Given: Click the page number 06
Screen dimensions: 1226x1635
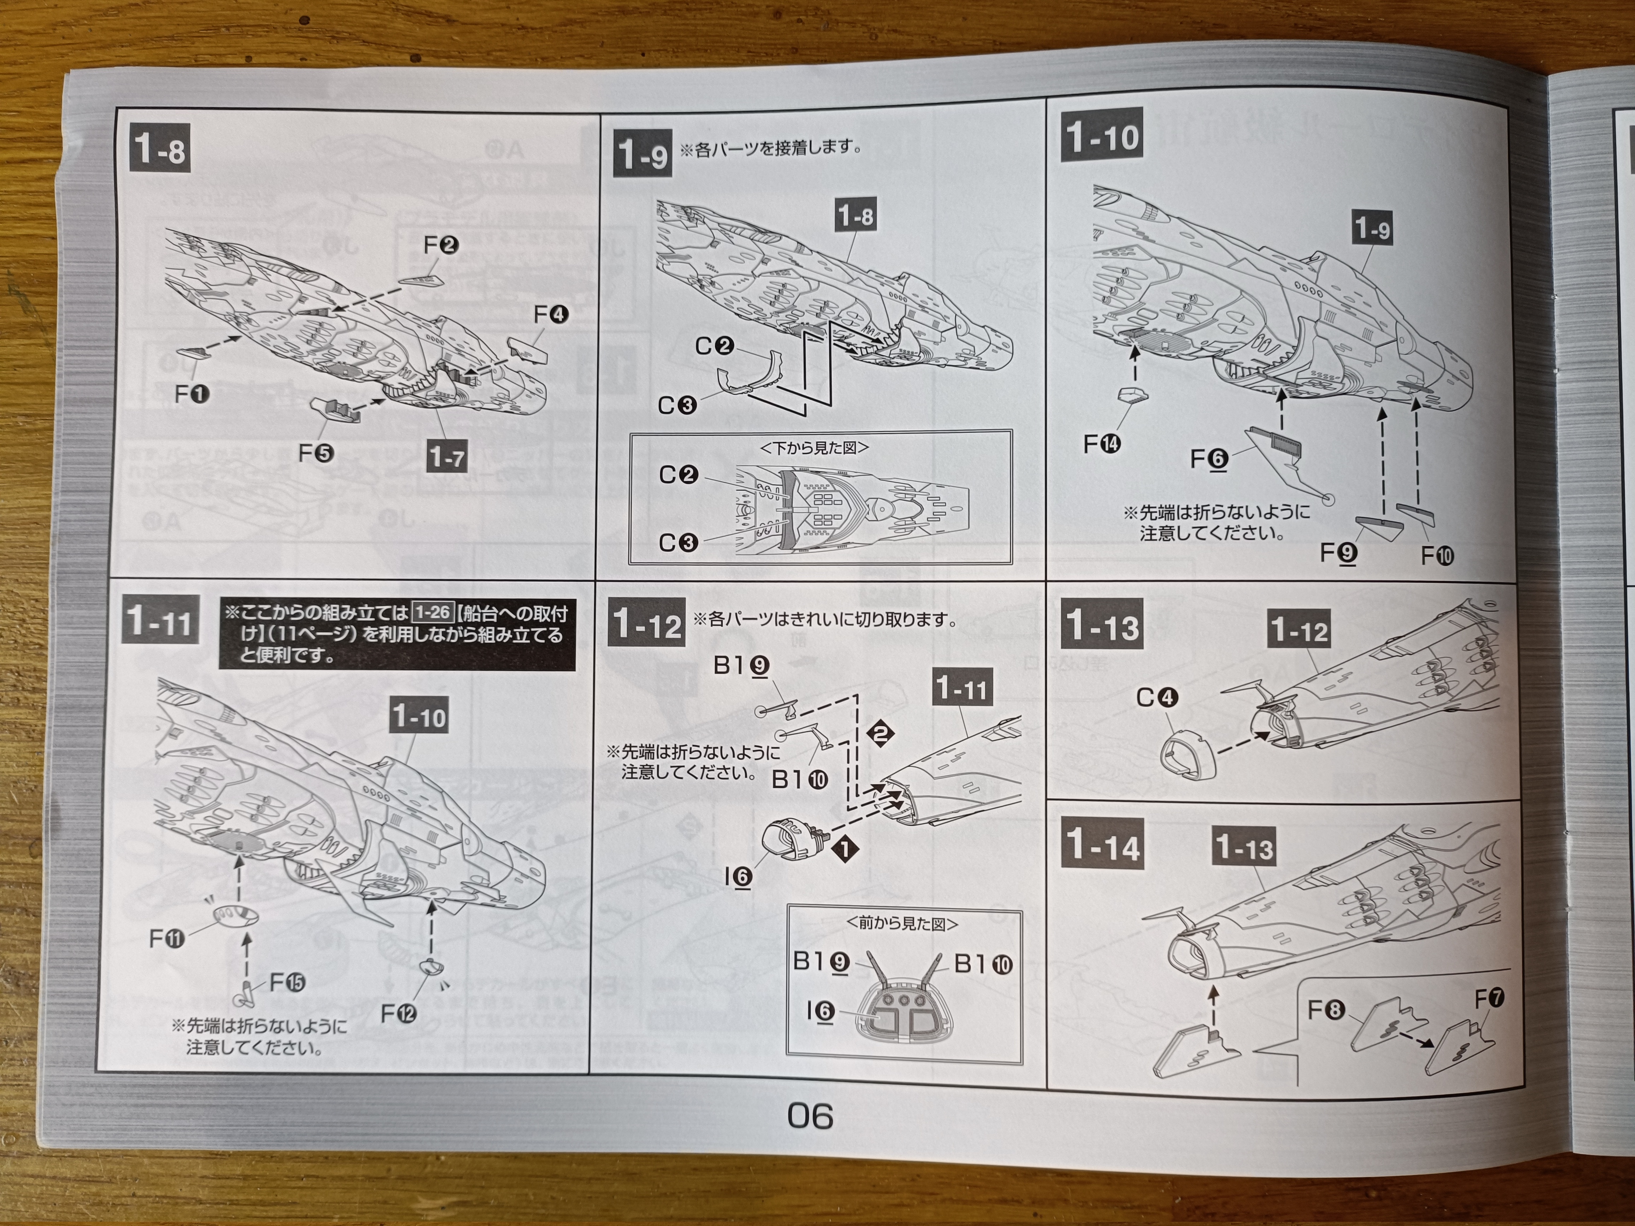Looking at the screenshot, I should (810, 1116).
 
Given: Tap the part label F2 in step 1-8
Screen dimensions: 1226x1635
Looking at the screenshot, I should (441, 245).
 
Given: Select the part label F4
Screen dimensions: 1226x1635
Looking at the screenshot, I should (551, 315).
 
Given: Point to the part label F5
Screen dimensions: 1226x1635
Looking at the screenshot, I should (316, 452).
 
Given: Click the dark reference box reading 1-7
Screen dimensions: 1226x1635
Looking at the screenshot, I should (447, 457).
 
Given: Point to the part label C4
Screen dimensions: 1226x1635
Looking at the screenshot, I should (1157, 697).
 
